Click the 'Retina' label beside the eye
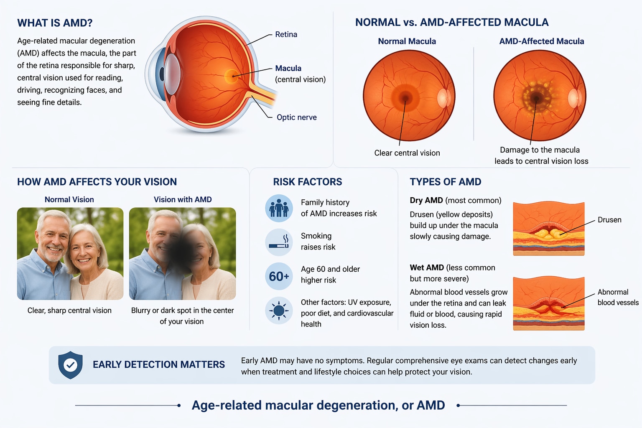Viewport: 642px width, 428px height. (286, 34)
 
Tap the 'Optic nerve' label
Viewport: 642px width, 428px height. (297, 117)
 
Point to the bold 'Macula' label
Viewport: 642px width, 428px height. (288, 68)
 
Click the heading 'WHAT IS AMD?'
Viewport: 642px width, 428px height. (55, 23)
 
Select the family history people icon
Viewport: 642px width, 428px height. (279, 208)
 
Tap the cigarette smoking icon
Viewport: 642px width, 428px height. (279, 242)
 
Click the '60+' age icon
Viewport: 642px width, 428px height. (279, 276)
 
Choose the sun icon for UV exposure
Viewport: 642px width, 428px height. (279, 311)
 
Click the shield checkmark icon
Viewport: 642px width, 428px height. (71, 365)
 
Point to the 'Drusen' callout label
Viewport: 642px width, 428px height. (609, 220)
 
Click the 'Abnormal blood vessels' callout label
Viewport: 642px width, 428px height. (618, 297)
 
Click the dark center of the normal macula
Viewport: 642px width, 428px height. (405, 97)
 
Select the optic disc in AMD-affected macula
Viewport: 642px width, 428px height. (574, 98)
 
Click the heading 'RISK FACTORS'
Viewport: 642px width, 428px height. (308, 182)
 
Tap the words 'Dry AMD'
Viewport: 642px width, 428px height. (426, 200)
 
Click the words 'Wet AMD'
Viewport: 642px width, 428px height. (427, 267)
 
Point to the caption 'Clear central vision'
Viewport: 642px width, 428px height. (407, 153)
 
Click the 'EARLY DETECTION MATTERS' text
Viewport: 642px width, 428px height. (159, 364)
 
